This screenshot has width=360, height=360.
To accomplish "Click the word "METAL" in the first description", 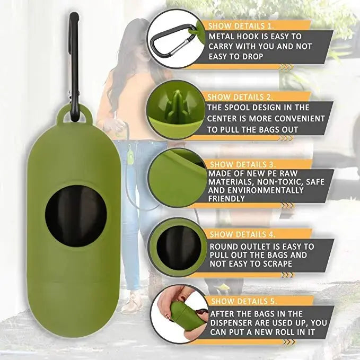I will coord(223,37).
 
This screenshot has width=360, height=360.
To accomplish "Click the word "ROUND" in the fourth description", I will coord(225,247).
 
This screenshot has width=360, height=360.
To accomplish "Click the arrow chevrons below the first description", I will coord(286,66).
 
